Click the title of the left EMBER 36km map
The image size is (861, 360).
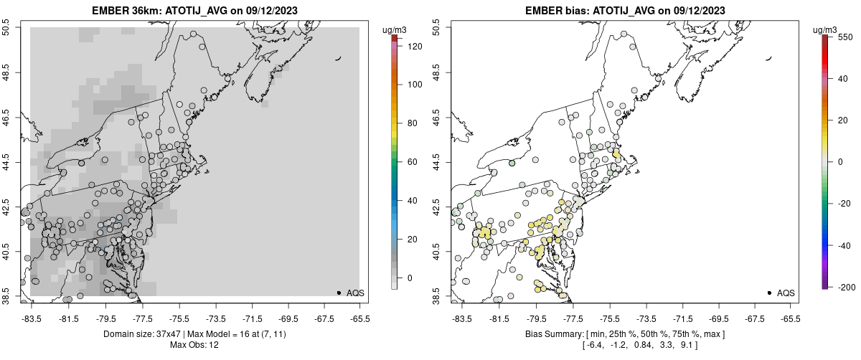(194, 11)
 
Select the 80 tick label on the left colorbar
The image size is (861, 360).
(411, 123)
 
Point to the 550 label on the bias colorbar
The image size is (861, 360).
(845, 37)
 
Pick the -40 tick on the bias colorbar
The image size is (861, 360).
(845, 245)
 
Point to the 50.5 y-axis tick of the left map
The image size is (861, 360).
(7, 29)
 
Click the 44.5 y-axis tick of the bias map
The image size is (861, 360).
(438, 162)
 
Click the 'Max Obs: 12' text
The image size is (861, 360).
(194, 345)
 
